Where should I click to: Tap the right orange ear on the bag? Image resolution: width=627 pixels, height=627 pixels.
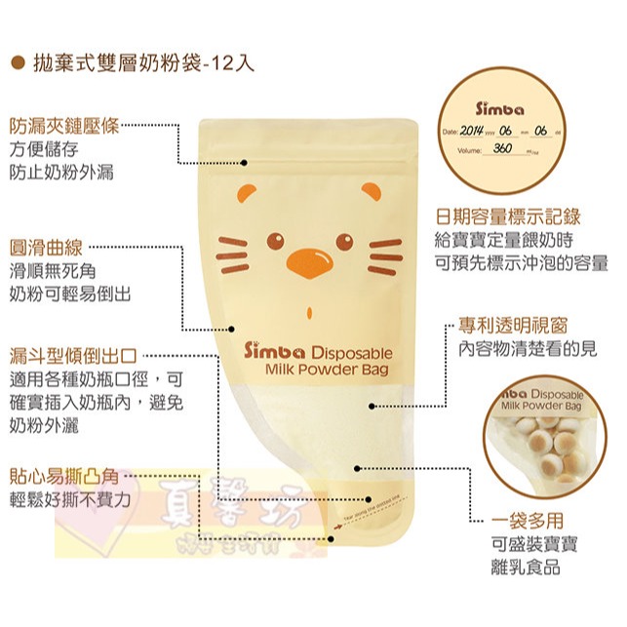(370, 189)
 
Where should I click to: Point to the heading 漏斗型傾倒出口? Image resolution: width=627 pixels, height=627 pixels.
(72, 356)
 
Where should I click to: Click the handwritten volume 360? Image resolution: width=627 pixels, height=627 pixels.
(503, 148)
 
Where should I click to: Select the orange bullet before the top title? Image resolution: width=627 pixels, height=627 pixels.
(17, 63)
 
